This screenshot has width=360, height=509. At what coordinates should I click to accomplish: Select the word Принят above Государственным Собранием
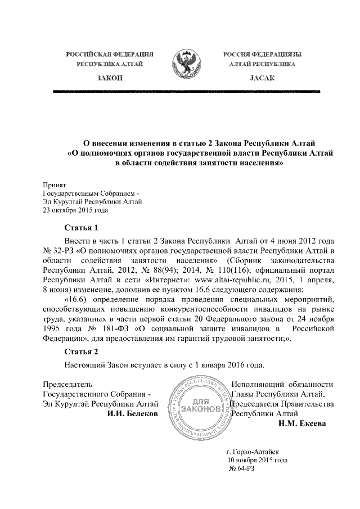tap(55, 184)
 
